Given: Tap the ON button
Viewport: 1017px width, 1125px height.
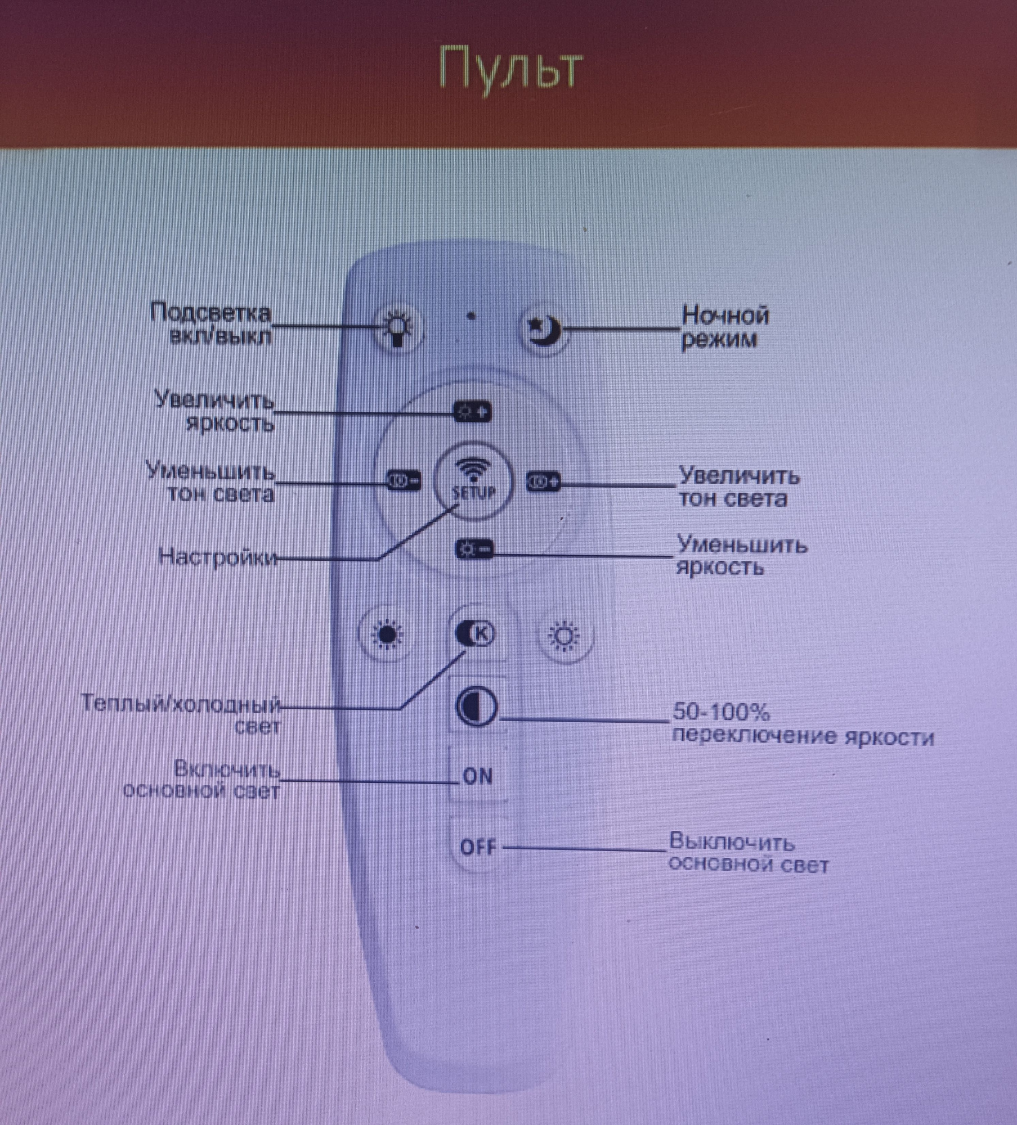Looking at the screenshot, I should [478, 776].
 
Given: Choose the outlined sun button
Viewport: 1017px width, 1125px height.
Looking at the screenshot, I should [565, 636].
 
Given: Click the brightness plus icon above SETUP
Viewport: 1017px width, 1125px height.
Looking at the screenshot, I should [473, 413].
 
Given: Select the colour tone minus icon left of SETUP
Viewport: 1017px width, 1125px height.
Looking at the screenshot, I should [403, 481].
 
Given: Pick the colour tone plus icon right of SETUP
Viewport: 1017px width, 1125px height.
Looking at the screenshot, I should [543, 481].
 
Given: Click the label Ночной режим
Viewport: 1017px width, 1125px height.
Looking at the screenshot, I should [724, 327].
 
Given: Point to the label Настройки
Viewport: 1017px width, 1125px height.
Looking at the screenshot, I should [218, 557].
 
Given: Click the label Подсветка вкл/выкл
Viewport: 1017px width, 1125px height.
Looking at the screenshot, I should [211, 325].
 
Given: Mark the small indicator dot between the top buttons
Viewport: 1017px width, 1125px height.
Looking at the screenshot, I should [472, 316].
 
